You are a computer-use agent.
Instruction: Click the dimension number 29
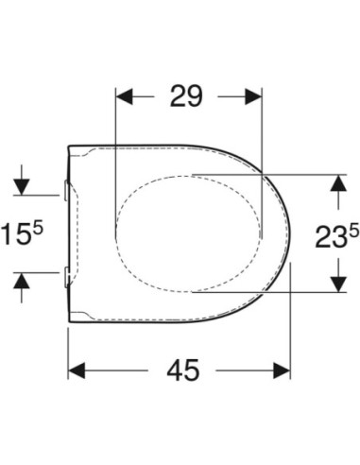185,95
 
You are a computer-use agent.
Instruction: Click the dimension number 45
183,370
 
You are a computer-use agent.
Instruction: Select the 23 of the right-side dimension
329,236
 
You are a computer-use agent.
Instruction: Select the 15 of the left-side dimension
15,233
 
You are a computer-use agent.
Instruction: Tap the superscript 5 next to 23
353,232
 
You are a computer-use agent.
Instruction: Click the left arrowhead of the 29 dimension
124,96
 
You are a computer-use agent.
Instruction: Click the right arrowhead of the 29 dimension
253,96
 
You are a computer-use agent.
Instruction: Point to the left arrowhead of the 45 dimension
77,370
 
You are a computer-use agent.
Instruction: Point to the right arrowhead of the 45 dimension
282,370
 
